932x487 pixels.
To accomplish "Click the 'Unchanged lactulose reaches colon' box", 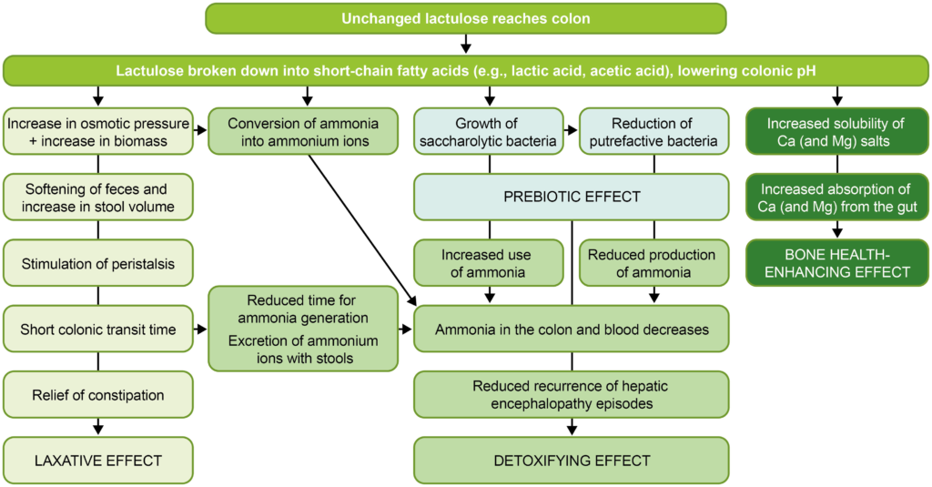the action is [465, 18].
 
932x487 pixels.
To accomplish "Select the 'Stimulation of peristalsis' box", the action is [98, 263].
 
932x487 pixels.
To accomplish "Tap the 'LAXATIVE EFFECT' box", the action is [98, 461].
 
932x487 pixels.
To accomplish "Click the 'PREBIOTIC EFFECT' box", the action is [572, 197].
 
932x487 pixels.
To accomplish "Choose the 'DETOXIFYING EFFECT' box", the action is [572, 461].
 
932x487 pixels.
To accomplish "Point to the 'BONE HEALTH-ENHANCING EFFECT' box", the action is [837, 263].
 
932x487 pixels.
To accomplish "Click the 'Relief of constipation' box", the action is [98, 395].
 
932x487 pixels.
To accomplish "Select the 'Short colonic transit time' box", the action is [98, 329].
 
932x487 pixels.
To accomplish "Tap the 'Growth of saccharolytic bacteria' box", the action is [489, 131].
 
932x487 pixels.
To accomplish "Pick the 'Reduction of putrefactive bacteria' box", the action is [653, 131].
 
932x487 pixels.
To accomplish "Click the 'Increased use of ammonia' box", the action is [489, 263].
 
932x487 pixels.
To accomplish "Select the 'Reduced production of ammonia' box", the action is [653, 263].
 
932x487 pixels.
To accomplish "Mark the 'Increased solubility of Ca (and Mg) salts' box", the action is [837, 131].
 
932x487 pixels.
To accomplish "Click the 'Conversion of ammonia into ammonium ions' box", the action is [303, 131].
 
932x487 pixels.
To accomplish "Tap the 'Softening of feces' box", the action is [98, 197].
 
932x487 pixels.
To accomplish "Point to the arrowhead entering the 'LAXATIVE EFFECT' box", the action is [98, 428].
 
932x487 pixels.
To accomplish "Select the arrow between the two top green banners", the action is [466, 44].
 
